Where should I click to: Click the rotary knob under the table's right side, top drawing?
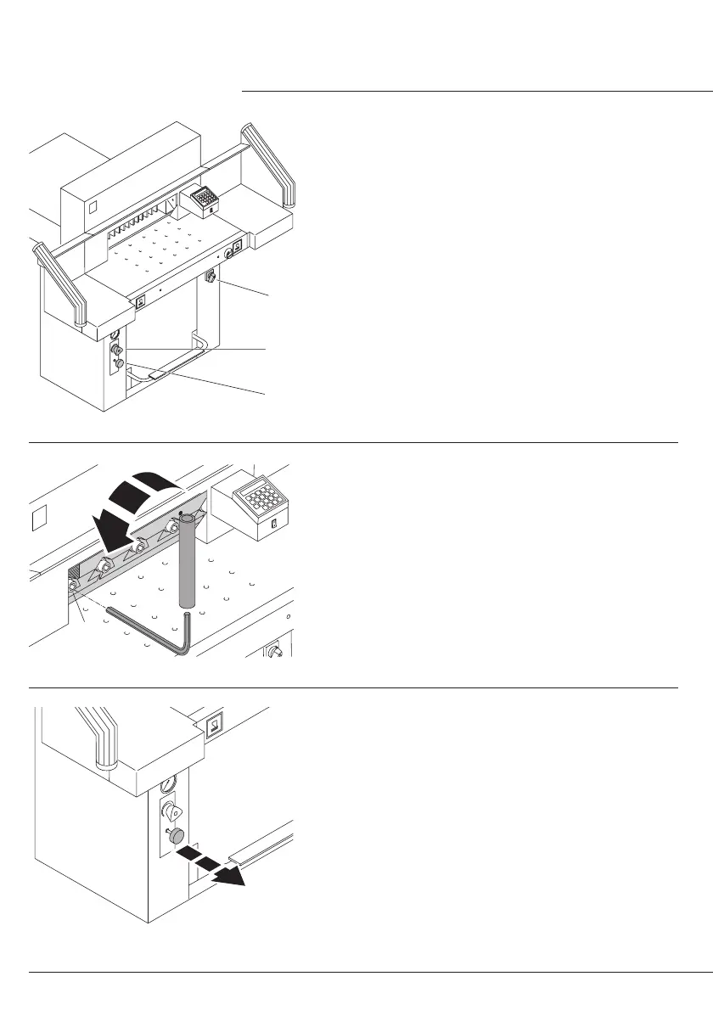(x=211, y=276)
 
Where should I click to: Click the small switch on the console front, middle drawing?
(x=273, y=525)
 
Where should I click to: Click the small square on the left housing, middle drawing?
(x=36, y=517)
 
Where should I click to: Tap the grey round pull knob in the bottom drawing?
(x=177, y=837)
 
